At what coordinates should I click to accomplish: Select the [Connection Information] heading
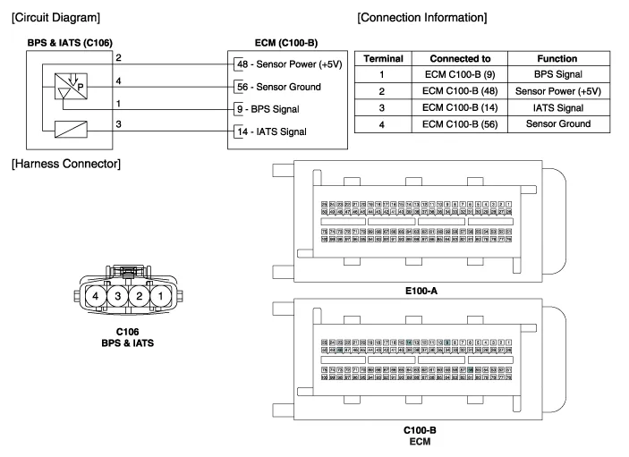(x=421, y=17)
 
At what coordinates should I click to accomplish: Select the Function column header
(x=557, y=58)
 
